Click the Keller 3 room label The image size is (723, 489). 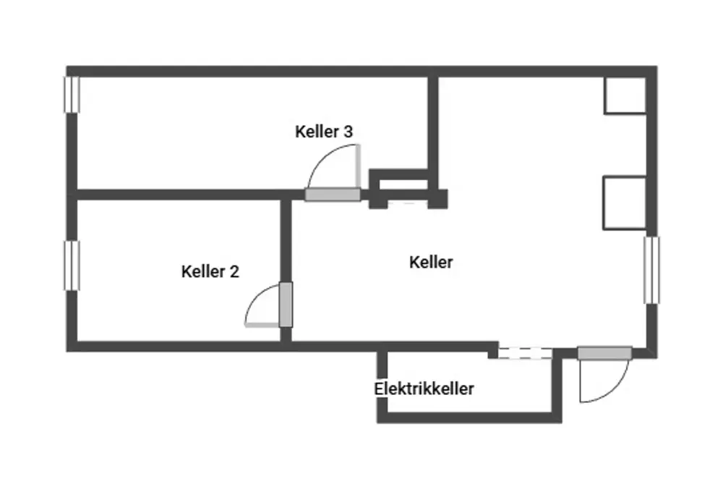pos(324,132)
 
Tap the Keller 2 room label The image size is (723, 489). pos(210,272)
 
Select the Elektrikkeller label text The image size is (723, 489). pos(424,389)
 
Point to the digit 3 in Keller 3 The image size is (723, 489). pos(348,132)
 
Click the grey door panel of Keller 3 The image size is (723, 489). pos(332,195)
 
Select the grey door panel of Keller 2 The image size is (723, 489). pos(286,305)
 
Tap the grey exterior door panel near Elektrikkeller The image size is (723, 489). pos(604,352)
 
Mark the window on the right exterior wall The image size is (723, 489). pos(651,270)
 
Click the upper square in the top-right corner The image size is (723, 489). pos(625,95)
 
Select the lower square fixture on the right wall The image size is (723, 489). pos(625,203)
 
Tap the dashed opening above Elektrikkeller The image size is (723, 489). pos(525,353)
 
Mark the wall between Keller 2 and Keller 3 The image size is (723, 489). pos(181,195)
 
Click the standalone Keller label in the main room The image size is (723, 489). pos(431,262)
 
